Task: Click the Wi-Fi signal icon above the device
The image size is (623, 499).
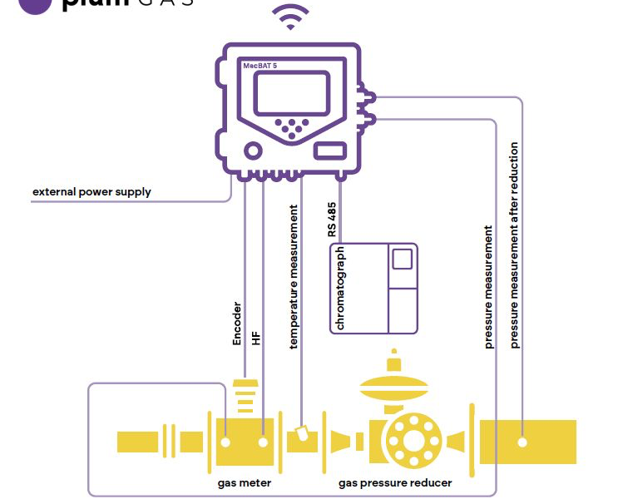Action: point(291,17)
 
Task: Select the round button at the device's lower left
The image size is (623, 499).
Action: point(251,151)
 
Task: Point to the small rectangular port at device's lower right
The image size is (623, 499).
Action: point(330,150)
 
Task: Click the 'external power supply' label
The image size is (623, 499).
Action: point(91,192)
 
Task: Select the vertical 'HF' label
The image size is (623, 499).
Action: point(256,337)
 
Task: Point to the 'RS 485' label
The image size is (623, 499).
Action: point(332,222)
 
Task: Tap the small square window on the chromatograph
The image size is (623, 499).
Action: point(403,258)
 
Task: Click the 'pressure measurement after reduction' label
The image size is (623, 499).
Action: point(515,245)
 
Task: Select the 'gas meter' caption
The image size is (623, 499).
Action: point(245,482)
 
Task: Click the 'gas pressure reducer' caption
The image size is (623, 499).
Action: point(395,482)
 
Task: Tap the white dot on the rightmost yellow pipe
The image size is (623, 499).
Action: point(522,442)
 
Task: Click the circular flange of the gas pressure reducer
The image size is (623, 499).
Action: point(408,442)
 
